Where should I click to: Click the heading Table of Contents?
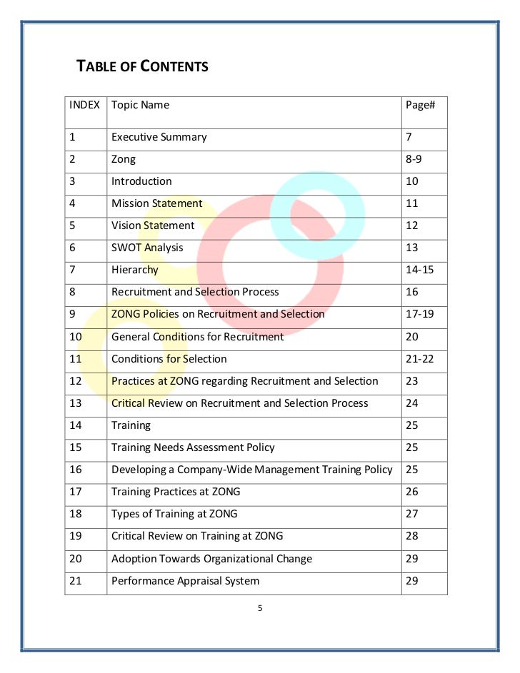click(142, 67)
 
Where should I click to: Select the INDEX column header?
click(84, 105)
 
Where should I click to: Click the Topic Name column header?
click(140, 105)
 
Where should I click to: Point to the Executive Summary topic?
click(159, 137)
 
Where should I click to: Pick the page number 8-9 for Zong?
click(414, 159)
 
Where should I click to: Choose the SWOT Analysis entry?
click(147, 248)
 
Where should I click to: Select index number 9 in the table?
click(73, 314)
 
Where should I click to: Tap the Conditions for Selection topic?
click(169, 358)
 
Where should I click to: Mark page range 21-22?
click(419, 358)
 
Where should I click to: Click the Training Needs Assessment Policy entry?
click(193, 447)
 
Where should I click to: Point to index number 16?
click(76, 470)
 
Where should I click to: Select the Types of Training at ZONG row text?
click(174, 514)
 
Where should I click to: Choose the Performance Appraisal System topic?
click(185, 581)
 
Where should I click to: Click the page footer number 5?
click(260, 609)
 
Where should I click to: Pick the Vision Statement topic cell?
click(153, 226)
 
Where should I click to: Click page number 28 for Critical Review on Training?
click(411, 536)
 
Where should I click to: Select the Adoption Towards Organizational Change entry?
click(211, 559)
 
